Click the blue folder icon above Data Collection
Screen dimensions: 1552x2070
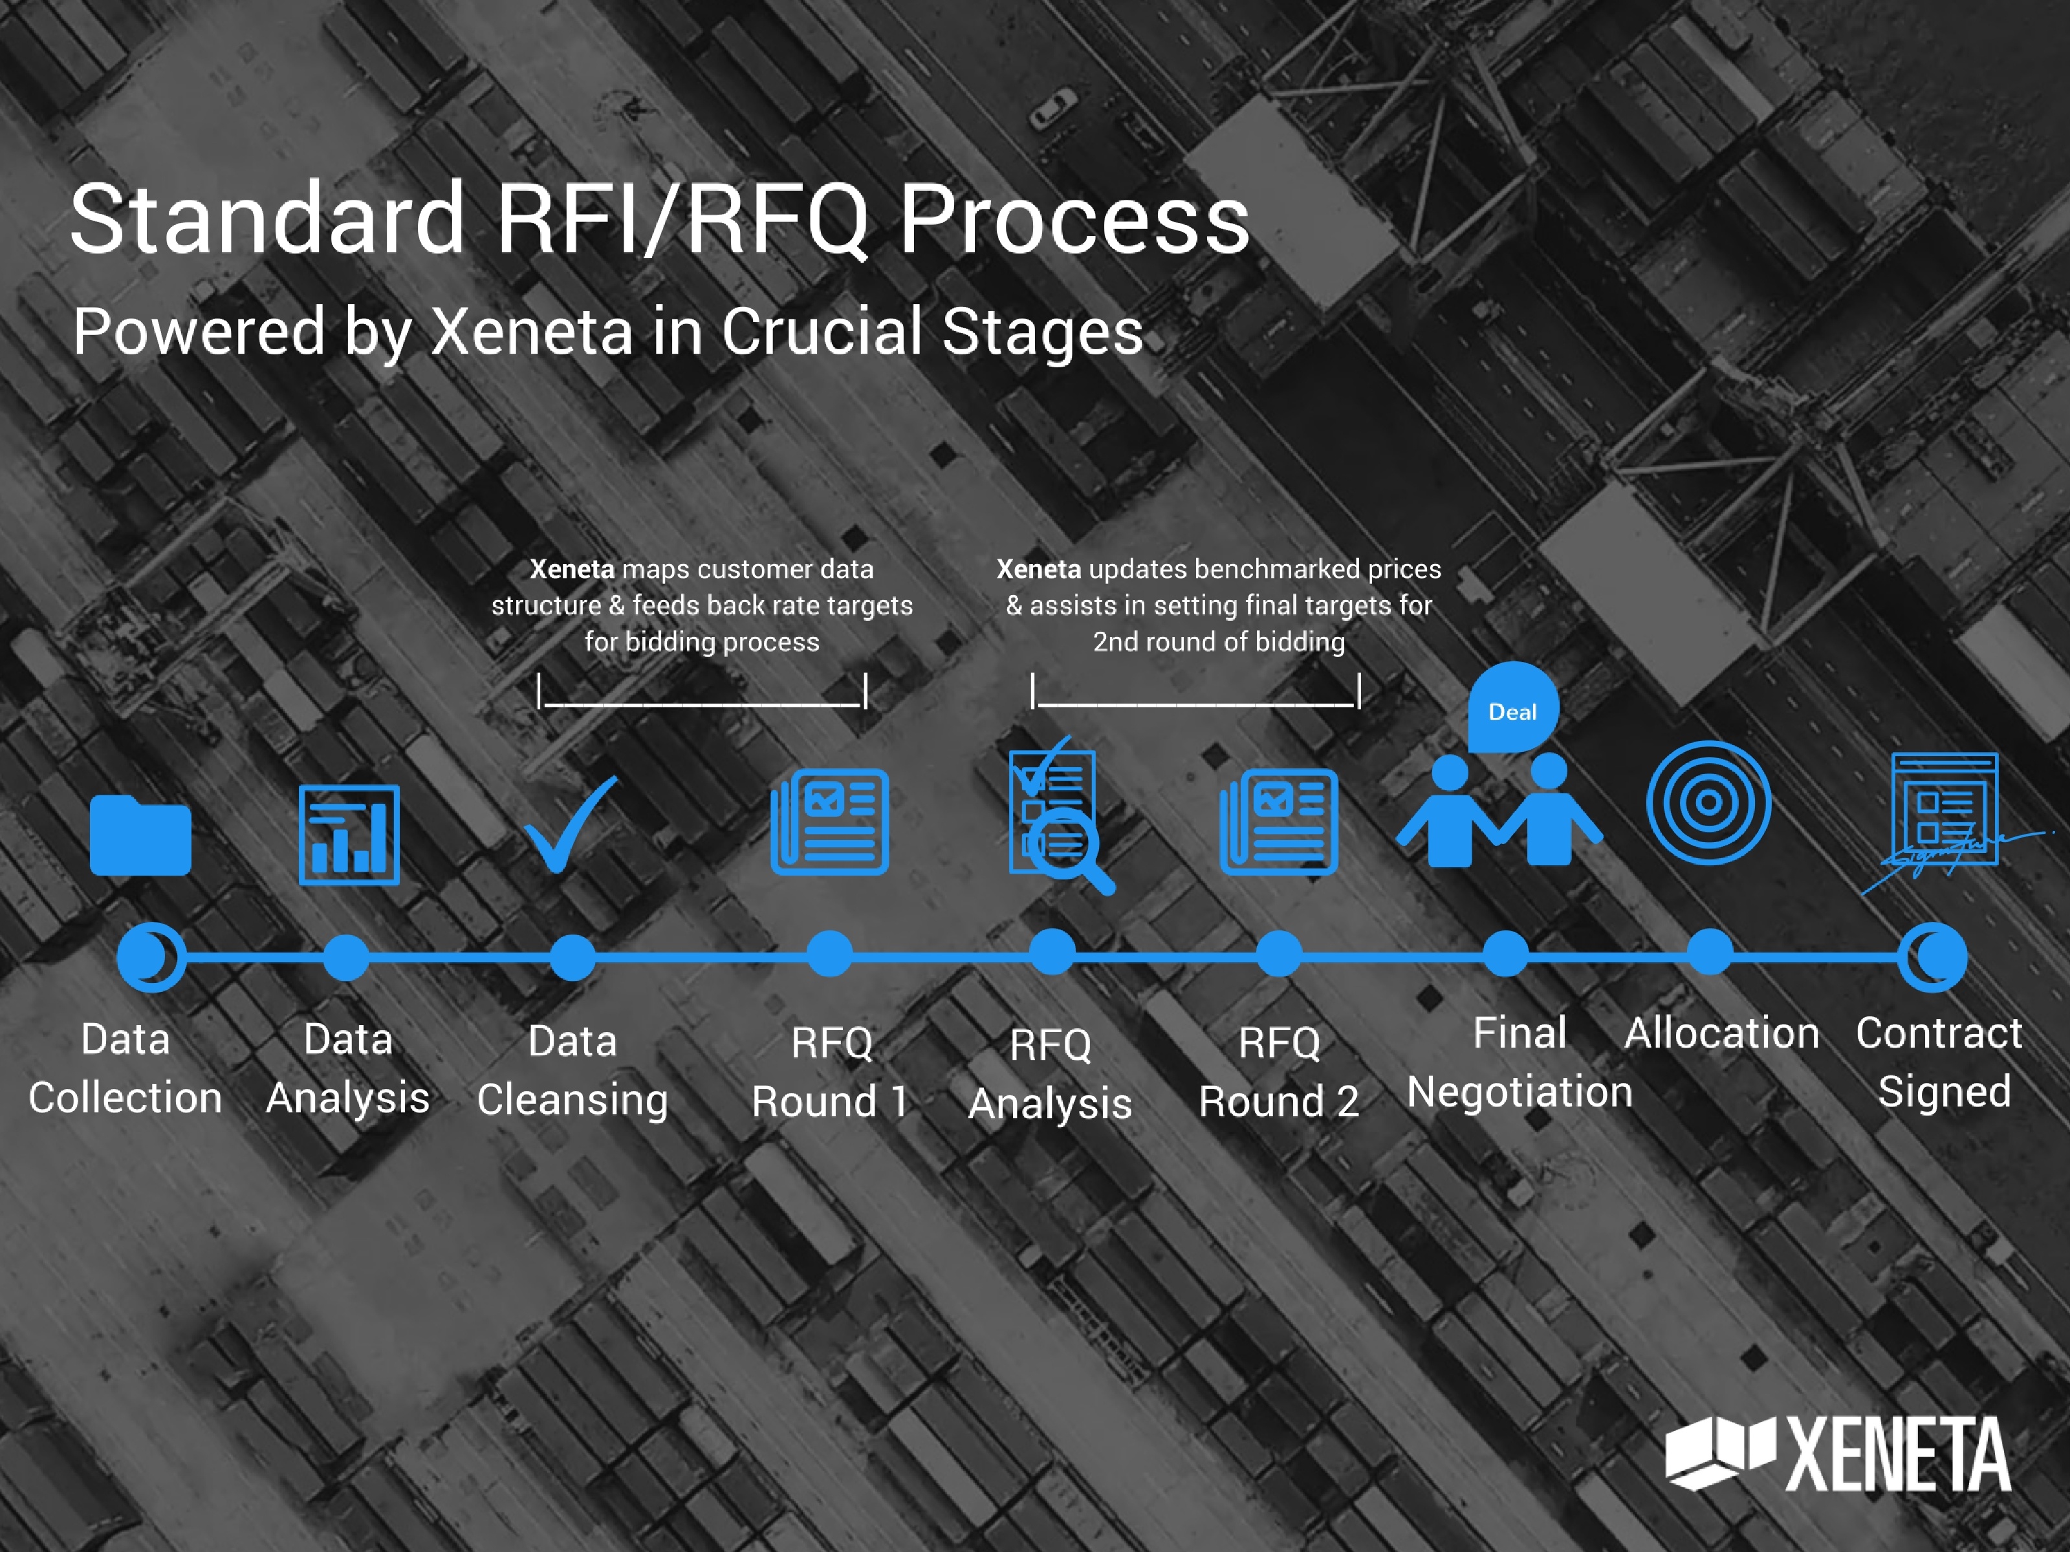click(x=140, y=835)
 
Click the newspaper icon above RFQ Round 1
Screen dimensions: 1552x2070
click(x=829, y=821)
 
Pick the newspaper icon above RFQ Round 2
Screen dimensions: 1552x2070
click(x=1278, y=821)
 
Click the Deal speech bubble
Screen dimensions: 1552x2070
click(x=1512, y=710)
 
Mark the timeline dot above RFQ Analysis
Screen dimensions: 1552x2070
click(x=1052, y=953)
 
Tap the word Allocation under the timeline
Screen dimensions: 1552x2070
click(x=1722, y=1034)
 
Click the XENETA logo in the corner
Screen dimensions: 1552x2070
click(x=1838, y=1454)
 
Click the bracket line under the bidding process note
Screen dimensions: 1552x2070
click(x=702, y=693)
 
